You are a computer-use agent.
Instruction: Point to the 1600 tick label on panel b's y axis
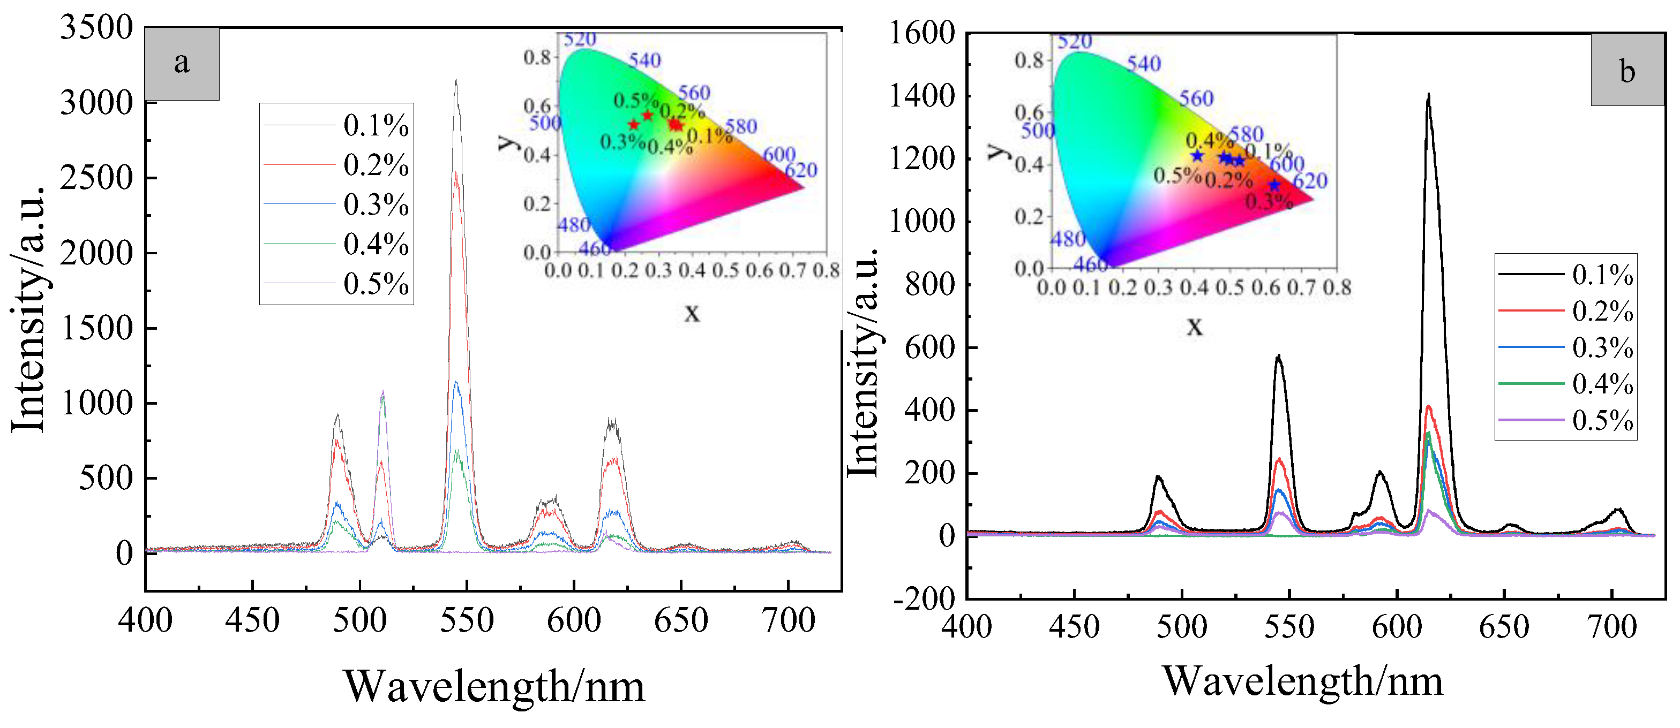point(922,33)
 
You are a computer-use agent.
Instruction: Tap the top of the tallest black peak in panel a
point(456,81)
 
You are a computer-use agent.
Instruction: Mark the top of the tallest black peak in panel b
point(1428,95)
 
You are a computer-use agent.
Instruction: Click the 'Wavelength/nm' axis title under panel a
point(494,686)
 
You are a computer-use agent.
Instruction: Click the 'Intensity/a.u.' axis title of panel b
point(864,362)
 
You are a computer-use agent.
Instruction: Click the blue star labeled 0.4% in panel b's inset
point(1197,155)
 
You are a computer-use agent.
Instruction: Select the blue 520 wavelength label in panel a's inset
point(580,39)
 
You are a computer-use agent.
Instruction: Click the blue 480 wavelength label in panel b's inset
point(1067,239)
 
